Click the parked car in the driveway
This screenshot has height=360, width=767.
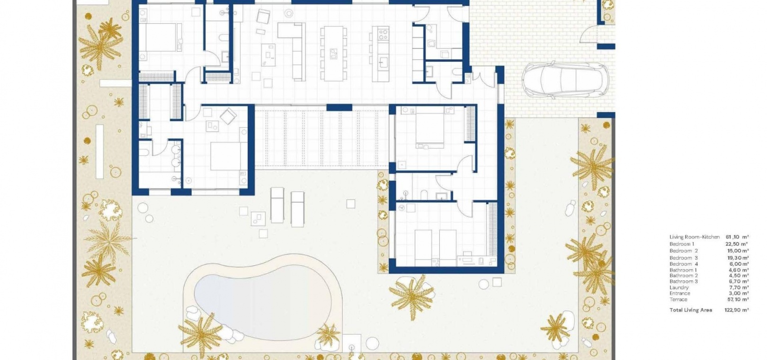(x=565, y=80)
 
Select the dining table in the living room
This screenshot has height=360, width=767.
(x=333, y=54)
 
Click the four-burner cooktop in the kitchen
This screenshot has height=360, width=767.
(x=383, y=33)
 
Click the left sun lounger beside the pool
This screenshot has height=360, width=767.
(x=277, y=205)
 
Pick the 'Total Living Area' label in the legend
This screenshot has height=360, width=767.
(x=691, y=310)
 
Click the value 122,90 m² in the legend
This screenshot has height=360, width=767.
(x=737, y=310)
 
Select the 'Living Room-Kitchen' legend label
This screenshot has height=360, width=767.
(x=695, y=237)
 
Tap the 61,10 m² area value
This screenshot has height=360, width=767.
(x=737, y=237)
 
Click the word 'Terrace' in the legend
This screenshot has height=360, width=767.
(x=678, y=299)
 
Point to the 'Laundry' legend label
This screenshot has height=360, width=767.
(x=679, y=288)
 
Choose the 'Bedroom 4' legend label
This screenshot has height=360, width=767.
(x=684, y=264)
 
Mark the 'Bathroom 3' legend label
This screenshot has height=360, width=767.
(x=684, y=281)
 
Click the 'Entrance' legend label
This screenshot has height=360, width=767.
(x=680, y=294)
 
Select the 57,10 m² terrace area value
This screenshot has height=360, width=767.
(x=738, y=299)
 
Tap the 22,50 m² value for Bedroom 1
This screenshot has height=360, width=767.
(x=737, y=244)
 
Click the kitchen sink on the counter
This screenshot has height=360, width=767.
(x=383, y=63)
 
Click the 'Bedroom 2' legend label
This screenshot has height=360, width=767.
(x=684, y=251)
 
